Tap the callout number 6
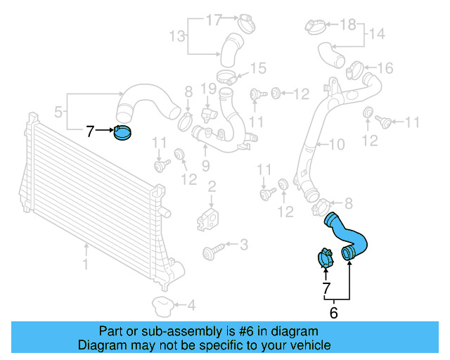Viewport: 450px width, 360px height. [333, 313]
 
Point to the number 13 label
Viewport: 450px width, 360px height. [178, 36]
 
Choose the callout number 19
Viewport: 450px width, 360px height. [207, 89]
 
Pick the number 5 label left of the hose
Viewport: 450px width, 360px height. [60, 110]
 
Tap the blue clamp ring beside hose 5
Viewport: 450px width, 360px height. [122, 132]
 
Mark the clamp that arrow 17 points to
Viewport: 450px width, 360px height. [245, 22]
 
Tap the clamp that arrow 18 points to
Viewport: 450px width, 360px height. [315, 27]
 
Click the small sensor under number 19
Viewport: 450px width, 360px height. [207, 112]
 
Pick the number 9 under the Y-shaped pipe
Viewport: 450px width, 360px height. [205, 165]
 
